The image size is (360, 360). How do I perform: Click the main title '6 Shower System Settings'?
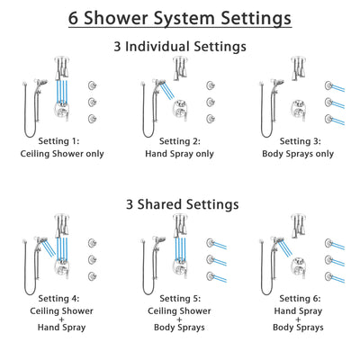pos(180,18)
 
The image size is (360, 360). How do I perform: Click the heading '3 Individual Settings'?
pos(180,46)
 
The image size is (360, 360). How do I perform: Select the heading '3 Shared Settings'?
pos(180,204)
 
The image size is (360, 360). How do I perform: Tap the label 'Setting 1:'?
pos(65,141)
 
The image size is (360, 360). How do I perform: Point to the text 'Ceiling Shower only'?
pos(65,154)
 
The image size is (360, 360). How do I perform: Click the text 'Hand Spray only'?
pos(180,154)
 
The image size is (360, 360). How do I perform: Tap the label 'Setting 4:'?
pos(65,300)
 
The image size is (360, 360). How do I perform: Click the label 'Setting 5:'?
pos(180,300)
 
